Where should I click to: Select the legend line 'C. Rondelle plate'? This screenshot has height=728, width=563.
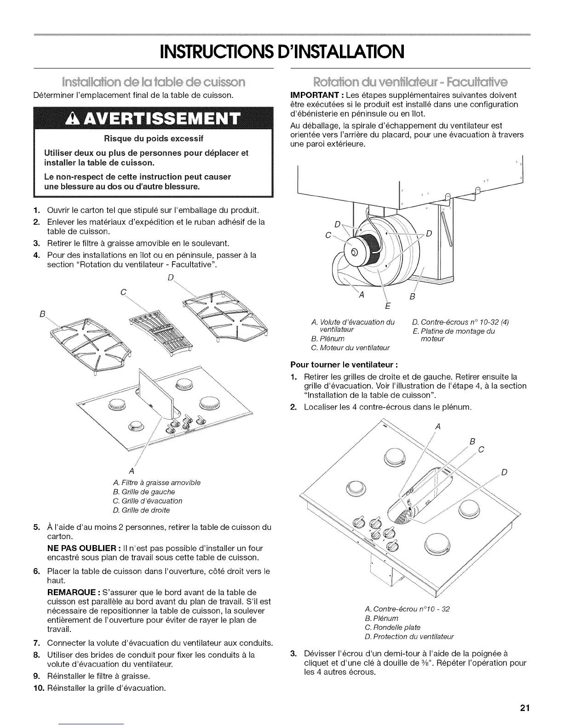[392, 627]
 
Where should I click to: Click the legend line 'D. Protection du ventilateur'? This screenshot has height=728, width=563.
[408, 637]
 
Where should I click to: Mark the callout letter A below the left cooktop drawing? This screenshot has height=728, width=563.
[132, 471]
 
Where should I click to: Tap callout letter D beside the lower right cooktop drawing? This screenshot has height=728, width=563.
[504, 473]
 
